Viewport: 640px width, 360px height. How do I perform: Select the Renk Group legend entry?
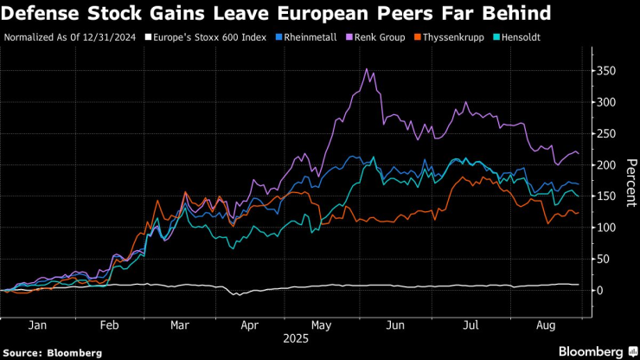377,37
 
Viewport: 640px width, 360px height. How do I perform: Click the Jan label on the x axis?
37,327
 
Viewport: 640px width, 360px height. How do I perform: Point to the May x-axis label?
323,327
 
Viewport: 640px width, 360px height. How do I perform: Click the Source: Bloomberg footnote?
53,352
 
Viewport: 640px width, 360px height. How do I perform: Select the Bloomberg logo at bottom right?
592,351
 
